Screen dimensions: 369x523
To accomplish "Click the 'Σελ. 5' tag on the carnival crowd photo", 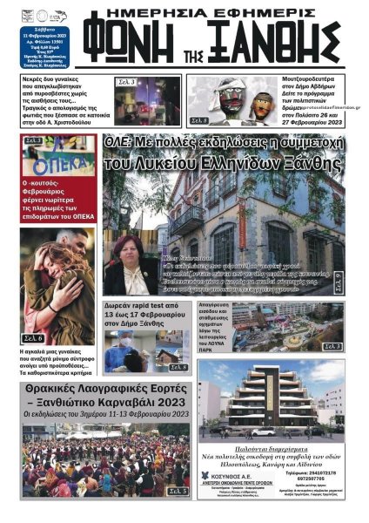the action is (x=178, y=492).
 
